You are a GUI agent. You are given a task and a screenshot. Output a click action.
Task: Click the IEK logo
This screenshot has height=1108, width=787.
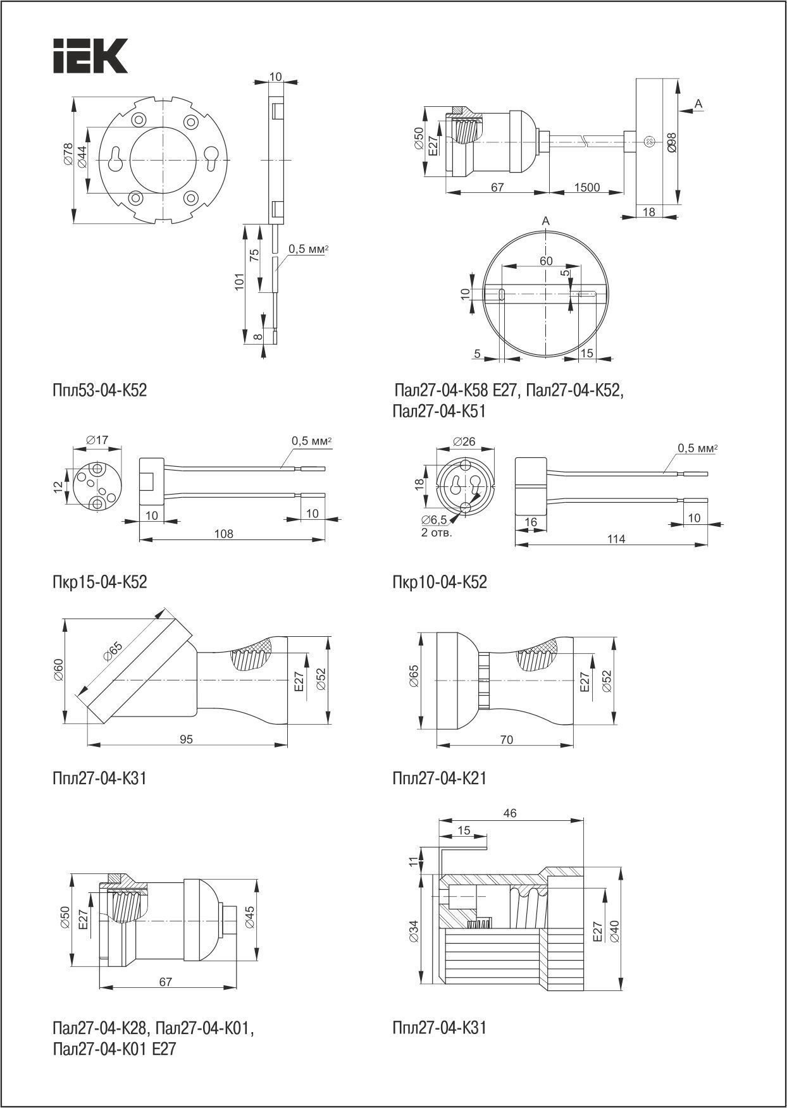[90, 56]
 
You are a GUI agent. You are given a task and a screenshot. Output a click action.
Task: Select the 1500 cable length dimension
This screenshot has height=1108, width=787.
[586, 188]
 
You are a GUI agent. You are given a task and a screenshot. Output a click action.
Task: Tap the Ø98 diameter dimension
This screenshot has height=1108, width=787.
[671, 143]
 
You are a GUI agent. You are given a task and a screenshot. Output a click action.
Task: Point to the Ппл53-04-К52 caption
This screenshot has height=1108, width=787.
[100, 390]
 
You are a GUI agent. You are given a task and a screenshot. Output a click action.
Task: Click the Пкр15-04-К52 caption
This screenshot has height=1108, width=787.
[100, 581]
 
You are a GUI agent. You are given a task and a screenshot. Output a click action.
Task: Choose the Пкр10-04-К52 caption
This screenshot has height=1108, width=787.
[440, 582]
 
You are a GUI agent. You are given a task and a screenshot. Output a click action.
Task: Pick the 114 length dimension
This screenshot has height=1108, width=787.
[616, 539]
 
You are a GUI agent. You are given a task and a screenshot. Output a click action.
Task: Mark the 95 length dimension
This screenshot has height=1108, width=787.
[186, 739]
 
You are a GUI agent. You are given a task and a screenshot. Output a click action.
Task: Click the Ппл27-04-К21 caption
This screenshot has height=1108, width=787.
[440, 778]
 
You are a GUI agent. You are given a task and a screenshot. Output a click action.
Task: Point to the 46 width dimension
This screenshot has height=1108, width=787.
[510, 813]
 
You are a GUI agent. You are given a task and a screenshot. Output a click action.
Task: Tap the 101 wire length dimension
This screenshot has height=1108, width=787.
[239, 281]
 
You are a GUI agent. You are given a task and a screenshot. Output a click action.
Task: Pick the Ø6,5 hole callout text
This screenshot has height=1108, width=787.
[434, 520]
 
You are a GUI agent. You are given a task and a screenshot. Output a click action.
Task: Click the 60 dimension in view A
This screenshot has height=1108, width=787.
[545, 261]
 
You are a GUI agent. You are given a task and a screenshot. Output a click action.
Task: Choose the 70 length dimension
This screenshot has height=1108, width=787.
[506, 739]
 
